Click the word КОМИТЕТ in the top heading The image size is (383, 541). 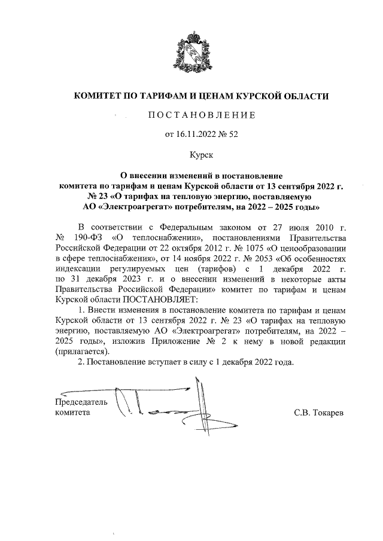click(x=96, y=96)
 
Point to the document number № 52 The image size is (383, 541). click(x=229, y=135)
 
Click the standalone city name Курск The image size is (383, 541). click(x=201, y=154)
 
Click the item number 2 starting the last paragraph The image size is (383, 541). click(x=81, y=362)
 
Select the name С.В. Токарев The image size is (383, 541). click(x=319, y=412)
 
